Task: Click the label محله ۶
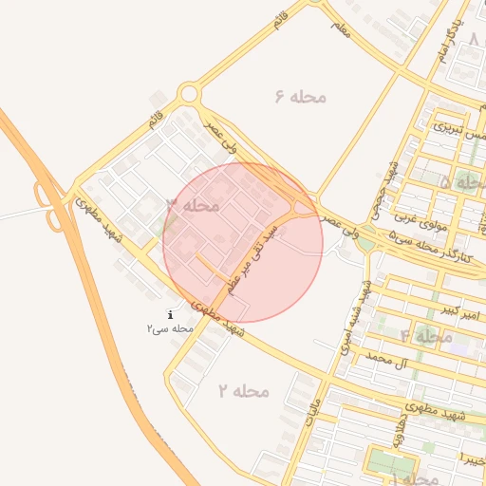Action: pyautogui.click(x=301, y=97)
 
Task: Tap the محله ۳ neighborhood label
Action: pyautogui.click(x=194, y=205)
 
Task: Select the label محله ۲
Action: pyautogui.click(x=244, y=391)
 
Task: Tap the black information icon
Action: pyautogui.click(x=170, y=315)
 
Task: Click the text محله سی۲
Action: pyautogui.click(x=170, y=328)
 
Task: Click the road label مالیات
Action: pyautogui.click(x=314, y=410)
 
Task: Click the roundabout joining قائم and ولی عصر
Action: pyautogui.click(x=188, y=95)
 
